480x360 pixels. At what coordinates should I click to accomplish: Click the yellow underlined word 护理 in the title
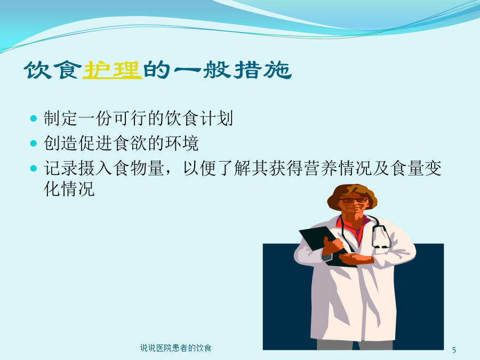(113, 70)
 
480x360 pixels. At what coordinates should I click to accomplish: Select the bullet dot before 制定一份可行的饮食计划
(34, 118)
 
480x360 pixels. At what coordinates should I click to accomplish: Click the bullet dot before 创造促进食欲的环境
(34, 143)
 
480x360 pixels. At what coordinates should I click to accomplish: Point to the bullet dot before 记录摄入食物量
(34, 168)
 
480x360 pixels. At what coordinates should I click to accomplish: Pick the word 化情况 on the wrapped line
(69, 189)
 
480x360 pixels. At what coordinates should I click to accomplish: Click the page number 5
(454, 349)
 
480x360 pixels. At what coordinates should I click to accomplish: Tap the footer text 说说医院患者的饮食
(175, 348)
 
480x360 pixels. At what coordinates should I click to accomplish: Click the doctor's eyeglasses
(355, 201)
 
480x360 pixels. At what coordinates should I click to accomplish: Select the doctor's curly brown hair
(352, 195)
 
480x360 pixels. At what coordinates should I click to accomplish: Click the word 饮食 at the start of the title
(53, 70)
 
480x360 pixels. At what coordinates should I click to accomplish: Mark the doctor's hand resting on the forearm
(357, 258)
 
